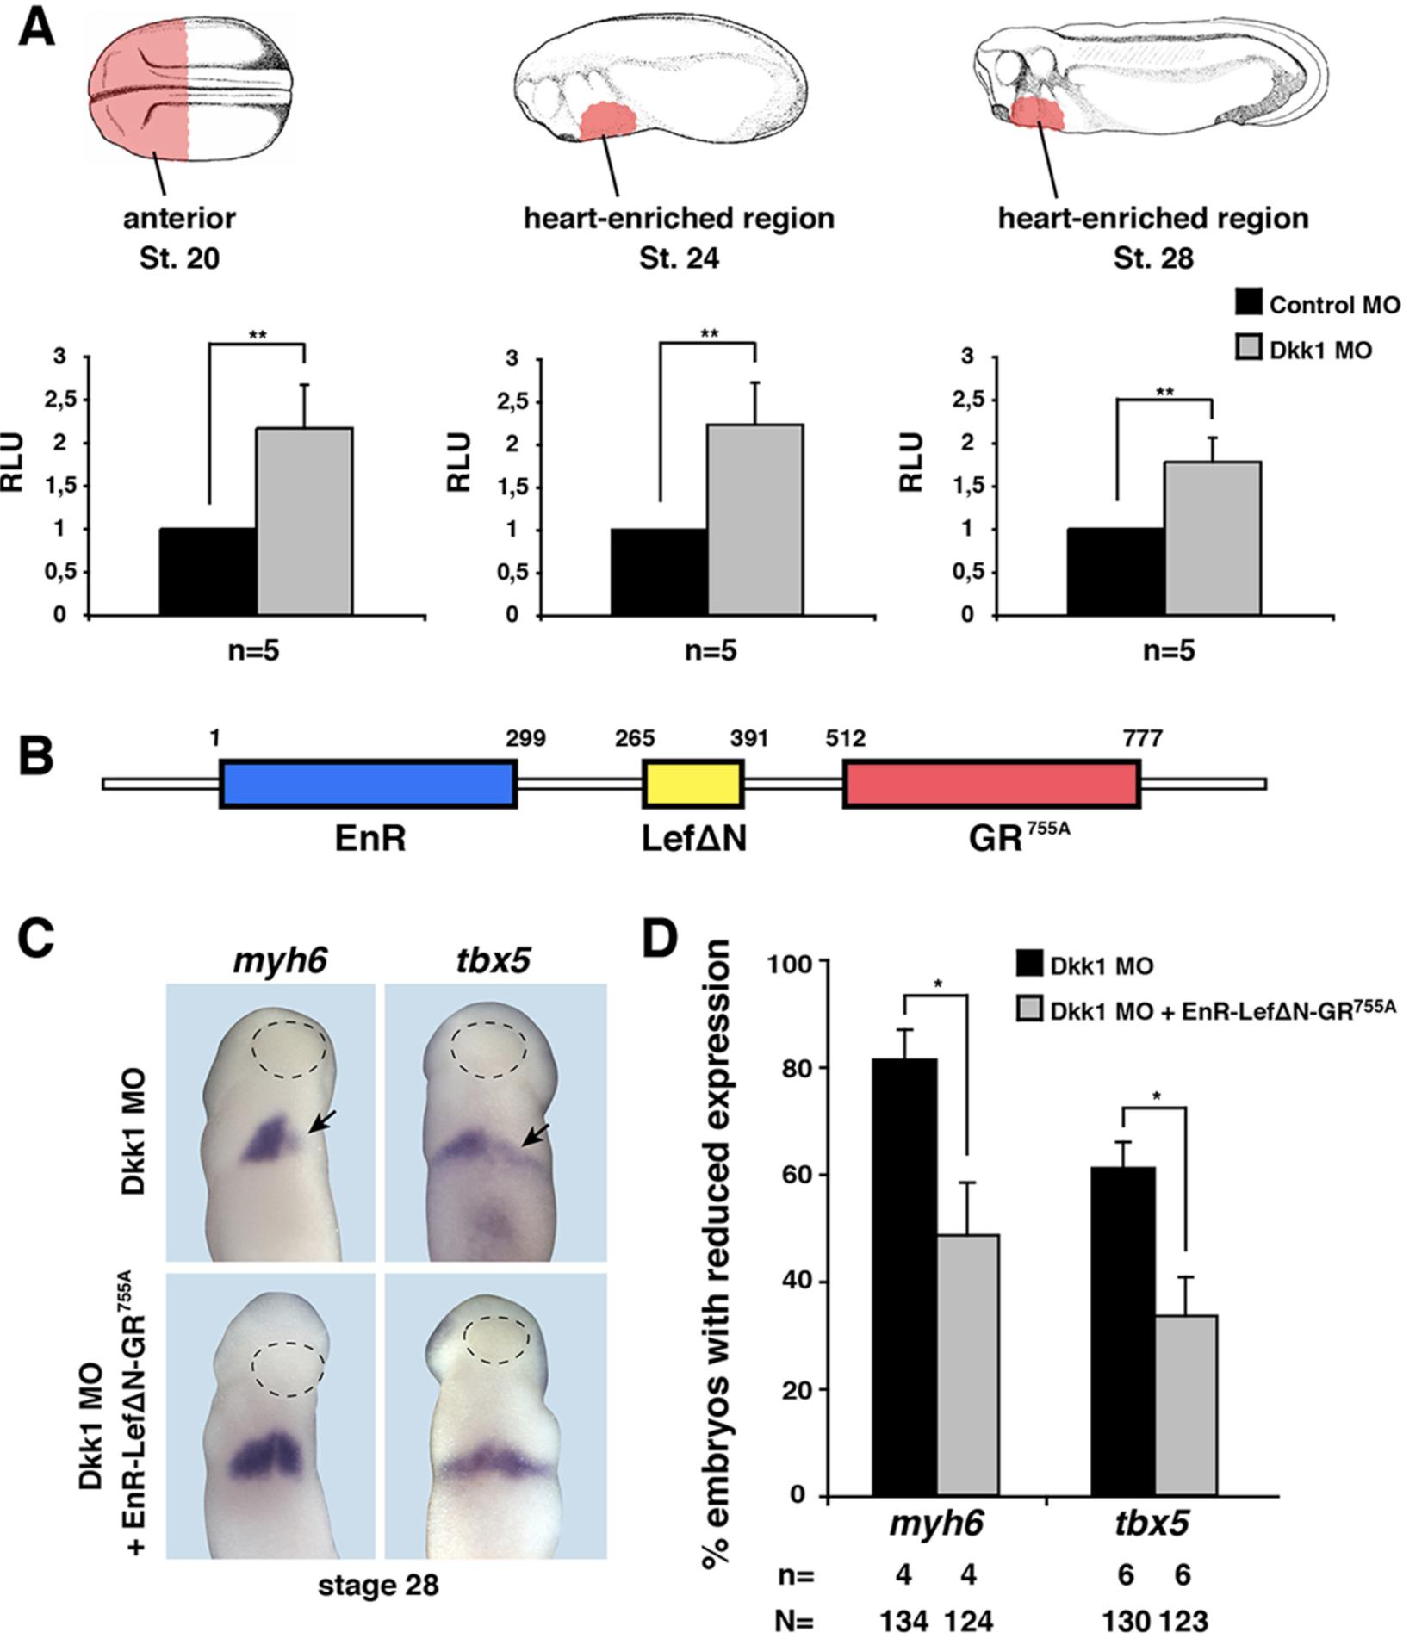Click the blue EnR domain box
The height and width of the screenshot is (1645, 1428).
(368, 783)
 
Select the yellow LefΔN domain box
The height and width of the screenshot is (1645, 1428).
(692, 783)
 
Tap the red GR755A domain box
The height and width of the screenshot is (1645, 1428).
(991, 783)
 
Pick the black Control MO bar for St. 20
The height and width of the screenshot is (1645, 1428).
(208, 571)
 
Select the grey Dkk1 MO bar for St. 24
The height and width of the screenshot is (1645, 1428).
(755, 519)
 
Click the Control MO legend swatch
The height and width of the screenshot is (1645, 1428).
(1247, 303)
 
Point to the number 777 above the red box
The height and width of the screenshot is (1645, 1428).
(1142, 738)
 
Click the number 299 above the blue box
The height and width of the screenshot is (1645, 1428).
(525, 738)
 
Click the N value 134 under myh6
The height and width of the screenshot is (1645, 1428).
(903, 1621)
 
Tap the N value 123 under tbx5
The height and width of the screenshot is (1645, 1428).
(1183, 1621)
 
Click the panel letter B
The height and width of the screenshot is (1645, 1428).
(36, 755)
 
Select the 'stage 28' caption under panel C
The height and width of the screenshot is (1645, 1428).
(378, 1584)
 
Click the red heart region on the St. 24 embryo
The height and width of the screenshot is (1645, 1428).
(608, 121)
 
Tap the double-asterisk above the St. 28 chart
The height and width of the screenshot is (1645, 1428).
(1164, 393)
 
